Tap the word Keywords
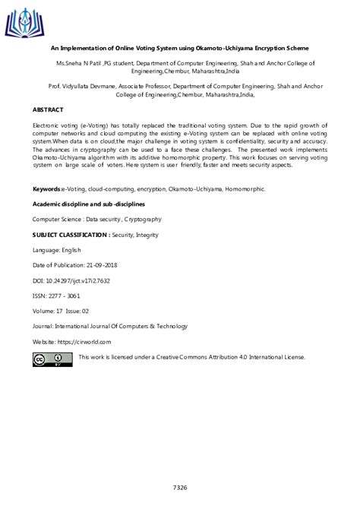point(46,188)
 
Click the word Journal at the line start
point(44,327)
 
